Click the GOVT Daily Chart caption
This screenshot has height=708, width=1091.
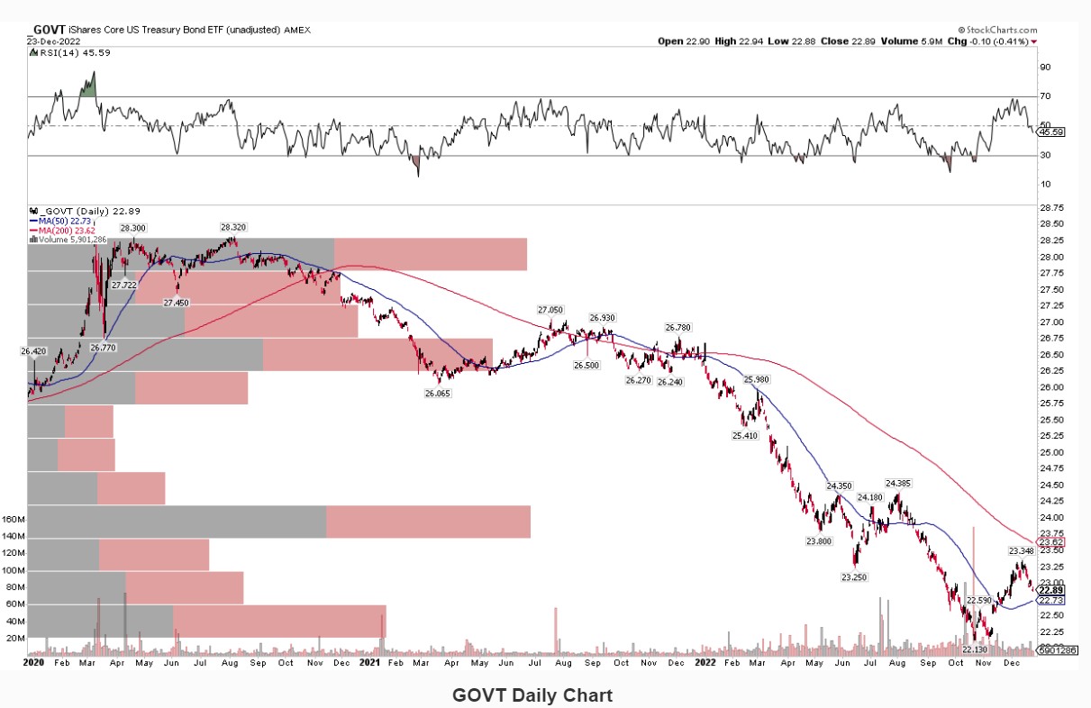tap(532, 694)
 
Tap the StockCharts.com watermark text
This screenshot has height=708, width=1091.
tap(995, 29)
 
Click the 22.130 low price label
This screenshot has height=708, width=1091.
tap(976, 649)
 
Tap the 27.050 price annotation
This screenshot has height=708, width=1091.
tap(551, 309)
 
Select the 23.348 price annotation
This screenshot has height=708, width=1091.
tap(1021, 550)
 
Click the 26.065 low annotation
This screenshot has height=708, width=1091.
tap(438, 394)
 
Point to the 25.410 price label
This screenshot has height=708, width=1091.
tap(745, 435)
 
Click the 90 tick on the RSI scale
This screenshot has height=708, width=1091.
tap(1045, 68)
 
